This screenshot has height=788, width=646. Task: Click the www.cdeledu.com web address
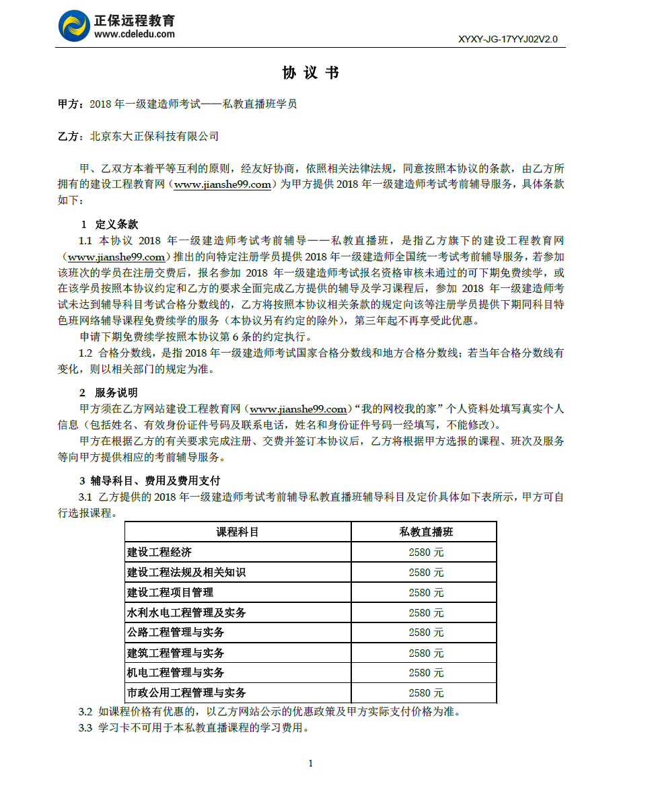(x=135, y=34)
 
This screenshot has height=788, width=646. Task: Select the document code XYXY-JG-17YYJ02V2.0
(x=507, y=39)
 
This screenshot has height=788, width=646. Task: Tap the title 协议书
(x=310, y=73)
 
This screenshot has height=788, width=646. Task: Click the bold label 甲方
(x=69, y=104)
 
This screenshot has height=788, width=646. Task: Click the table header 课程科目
(x=238, y=532)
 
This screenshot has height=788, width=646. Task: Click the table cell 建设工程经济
(x=159, y=552)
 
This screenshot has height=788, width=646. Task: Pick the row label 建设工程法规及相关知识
(x=186, y=573)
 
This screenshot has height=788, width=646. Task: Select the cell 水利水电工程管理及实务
(x=186, y=612)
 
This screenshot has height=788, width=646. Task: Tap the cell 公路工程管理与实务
(x=176, y=633)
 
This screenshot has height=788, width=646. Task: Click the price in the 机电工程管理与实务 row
(x=426, y=673)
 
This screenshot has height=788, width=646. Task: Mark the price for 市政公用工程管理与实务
(x=426, y=693)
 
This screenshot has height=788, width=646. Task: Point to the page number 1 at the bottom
(x=310, y=762)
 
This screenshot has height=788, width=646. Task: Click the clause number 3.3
(x=85, y=728)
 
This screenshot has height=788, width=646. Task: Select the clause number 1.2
(x=85, y=353)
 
